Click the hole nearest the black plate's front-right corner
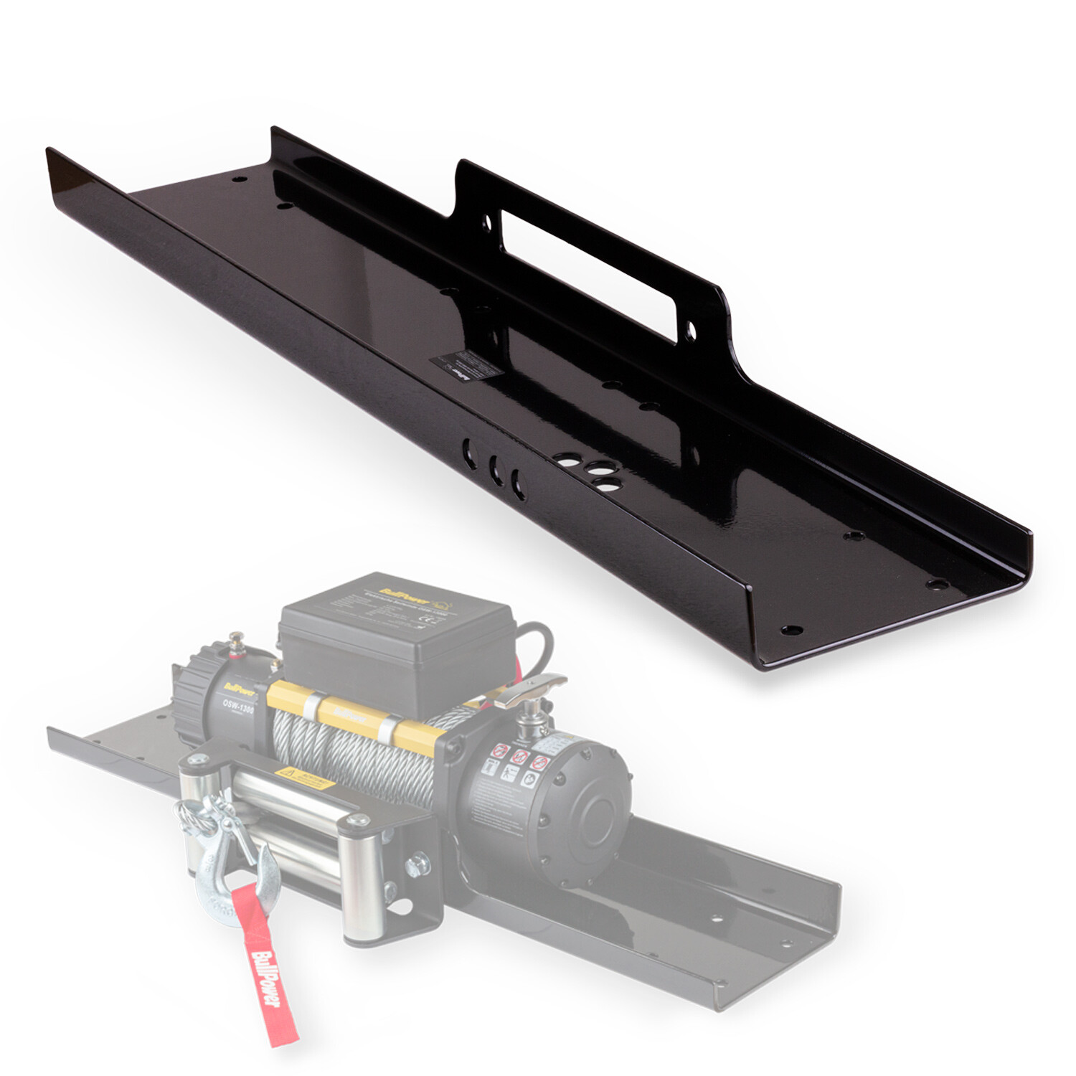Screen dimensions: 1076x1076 (791, 631)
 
